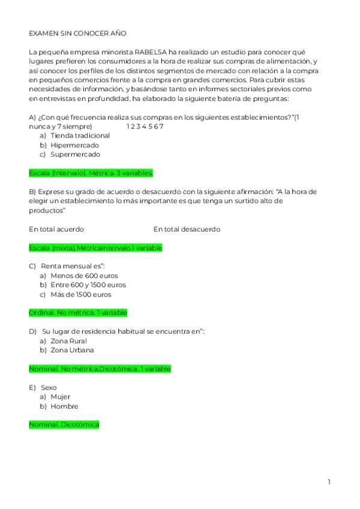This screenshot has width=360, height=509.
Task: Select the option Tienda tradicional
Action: coord(80,136)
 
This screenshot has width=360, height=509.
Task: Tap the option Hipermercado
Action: coord(74,145)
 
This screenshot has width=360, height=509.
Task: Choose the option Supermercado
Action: coord(75,154)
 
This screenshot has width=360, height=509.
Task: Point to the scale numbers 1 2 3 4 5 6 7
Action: coord(145,127)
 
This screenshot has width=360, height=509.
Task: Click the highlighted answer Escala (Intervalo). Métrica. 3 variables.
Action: coord(91,173)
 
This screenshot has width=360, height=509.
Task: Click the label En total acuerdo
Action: coord(56,229)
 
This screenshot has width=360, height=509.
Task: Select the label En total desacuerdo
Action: coord(187,229)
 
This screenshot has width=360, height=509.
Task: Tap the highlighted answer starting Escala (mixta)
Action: coord(95,248)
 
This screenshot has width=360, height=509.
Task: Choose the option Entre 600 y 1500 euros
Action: coord(88,285)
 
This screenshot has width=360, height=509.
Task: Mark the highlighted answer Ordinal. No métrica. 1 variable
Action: coord(78,313)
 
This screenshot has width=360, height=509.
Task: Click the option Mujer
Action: coord(61,397)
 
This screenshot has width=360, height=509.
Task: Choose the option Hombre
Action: coord(64,406)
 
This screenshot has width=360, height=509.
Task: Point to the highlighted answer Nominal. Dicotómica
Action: coord(64,425)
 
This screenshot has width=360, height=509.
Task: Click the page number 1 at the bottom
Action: coord(329,482)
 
